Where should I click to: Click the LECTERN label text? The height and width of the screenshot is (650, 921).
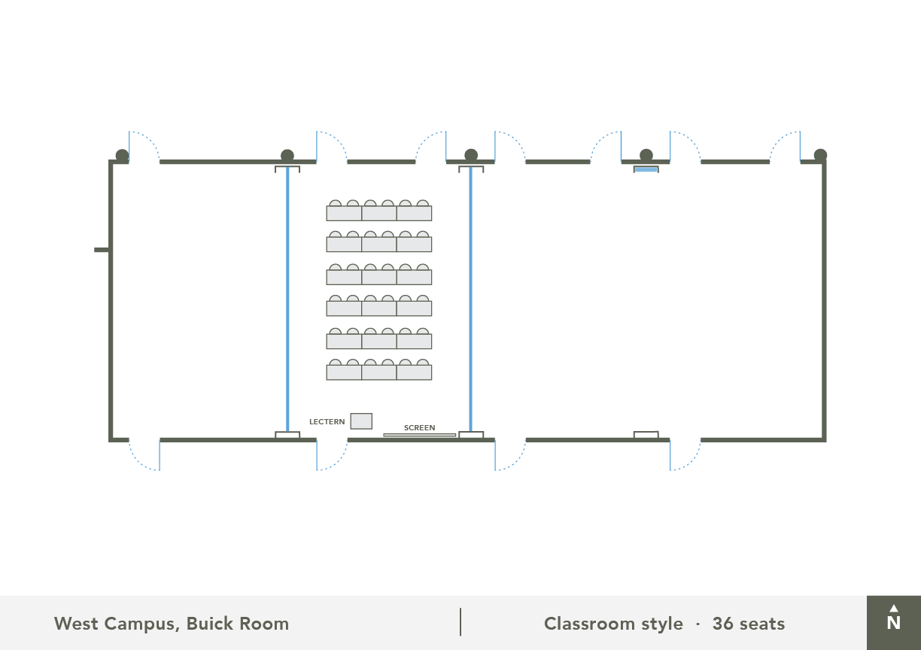click(327, 422)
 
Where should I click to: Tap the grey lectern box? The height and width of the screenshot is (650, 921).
click(361, 421)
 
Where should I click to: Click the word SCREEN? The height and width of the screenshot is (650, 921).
click(419, 427)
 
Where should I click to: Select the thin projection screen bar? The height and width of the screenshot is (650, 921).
click(420, 435)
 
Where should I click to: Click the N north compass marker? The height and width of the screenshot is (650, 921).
click(893, 618)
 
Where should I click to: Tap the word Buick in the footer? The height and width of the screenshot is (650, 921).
click(210, 624)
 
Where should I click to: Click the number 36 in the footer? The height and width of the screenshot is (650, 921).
click(723, 624)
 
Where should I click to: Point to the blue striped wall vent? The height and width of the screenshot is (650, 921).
click(646, 169)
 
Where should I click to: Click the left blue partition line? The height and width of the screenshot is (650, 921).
click(287, 299)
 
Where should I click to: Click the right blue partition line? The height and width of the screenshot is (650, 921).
click(471, 299)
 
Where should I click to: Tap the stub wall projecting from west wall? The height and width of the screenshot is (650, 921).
click(102, 250)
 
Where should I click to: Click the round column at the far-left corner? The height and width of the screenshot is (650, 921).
click(122, 156)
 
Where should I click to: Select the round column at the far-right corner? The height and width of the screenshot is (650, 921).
click(820, 155)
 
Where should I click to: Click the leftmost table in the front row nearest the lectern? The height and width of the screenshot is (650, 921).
click(344, 372)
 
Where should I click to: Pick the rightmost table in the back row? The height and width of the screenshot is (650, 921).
click(414, 214)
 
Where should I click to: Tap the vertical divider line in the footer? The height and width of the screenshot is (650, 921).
click(460, 622)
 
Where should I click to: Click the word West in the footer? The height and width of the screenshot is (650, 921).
click(76, 624)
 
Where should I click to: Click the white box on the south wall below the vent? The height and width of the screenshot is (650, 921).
click(646, 435)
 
